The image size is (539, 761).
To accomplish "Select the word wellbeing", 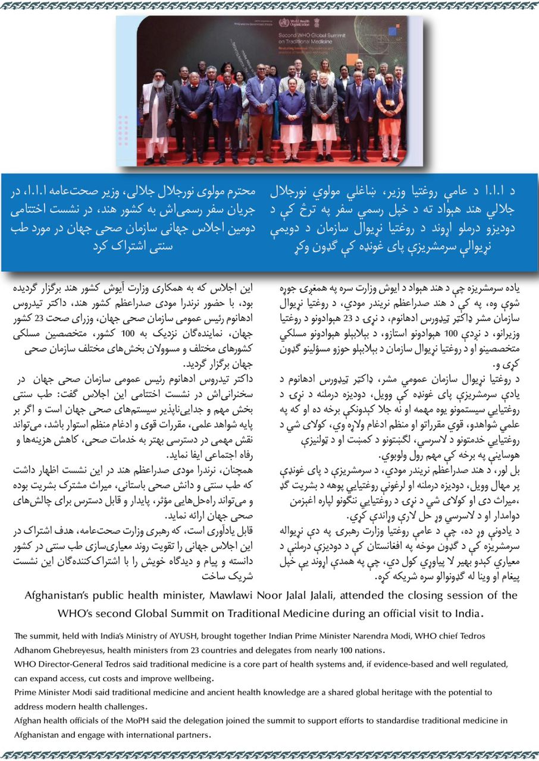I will pos(190,678).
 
